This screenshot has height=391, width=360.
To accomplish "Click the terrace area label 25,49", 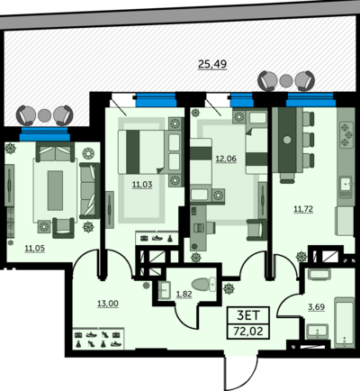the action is (212, 64).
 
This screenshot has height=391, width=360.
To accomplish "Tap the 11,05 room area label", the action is (35, 248).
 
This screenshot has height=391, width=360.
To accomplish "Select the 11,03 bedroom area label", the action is (142, 185).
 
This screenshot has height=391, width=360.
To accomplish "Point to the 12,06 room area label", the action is (226, 159).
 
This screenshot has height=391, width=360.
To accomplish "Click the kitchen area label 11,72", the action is (303, 209).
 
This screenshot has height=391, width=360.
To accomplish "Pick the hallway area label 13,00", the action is (108, 304).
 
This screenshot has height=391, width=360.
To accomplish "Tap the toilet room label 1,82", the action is (184, 294).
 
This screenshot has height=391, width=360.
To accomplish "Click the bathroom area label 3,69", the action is (317, 307).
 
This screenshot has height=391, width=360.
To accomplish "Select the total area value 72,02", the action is (248, 332).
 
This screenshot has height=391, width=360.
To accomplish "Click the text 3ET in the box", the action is (248, 315).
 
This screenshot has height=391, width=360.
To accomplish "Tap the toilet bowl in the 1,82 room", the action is (203, 284).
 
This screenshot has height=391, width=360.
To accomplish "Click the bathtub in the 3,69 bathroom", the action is (345, 323).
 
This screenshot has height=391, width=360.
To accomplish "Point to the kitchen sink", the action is (346, 186).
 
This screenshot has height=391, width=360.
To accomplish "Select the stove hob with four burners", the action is (346, 134).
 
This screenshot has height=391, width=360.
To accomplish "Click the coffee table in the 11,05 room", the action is (55, 190).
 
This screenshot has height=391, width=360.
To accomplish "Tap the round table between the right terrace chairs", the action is (286, 80).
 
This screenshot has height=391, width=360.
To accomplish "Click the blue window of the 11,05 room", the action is (45, 134).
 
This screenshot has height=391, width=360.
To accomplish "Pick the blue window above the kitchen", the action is (310, 100).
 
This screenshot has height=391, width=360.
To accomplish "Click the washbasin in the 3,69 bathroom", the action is (318, 332).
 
